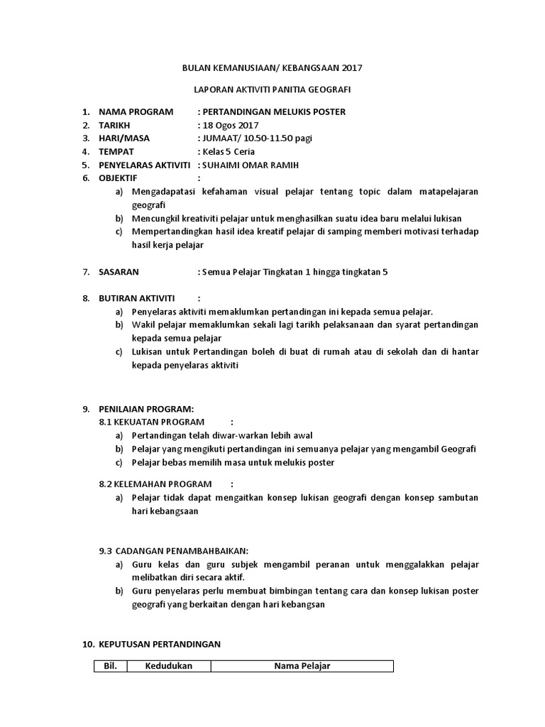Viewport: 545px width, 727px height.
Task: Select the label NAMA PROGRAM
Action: [136, 112]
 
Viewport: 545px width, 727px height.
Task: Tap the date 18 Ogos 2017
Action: [231, 126]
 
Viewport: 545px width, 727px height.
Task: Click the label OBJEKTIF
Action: [118, 178]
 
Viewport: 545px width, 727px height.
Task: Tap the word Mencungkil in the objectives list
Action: [154, 218]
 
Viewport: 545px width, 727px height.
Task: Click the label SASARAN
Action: [119, 271]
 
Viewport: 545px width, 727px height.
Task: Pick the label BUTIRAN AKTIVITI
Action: [136, 298]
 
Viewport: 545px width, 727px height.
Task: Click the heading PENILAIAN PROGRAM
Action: [145, 408]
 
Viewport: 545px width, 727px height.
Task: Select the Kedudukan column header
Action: [169, 666]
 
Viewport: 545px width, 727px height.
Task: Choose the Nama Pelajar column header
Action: [302, 666]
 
